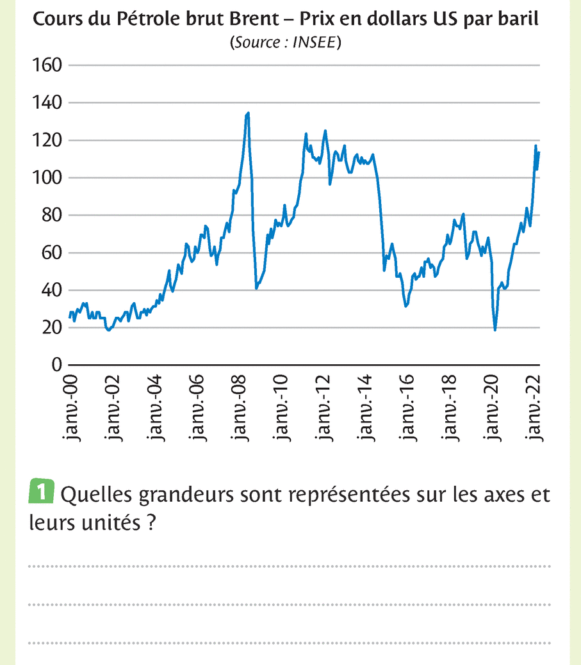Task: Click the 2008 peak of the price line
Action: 248,113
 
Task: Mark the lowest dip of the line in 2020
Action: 495,330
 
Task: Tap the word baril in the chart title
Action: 520,19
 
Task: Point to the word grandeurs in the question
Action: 160,495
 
